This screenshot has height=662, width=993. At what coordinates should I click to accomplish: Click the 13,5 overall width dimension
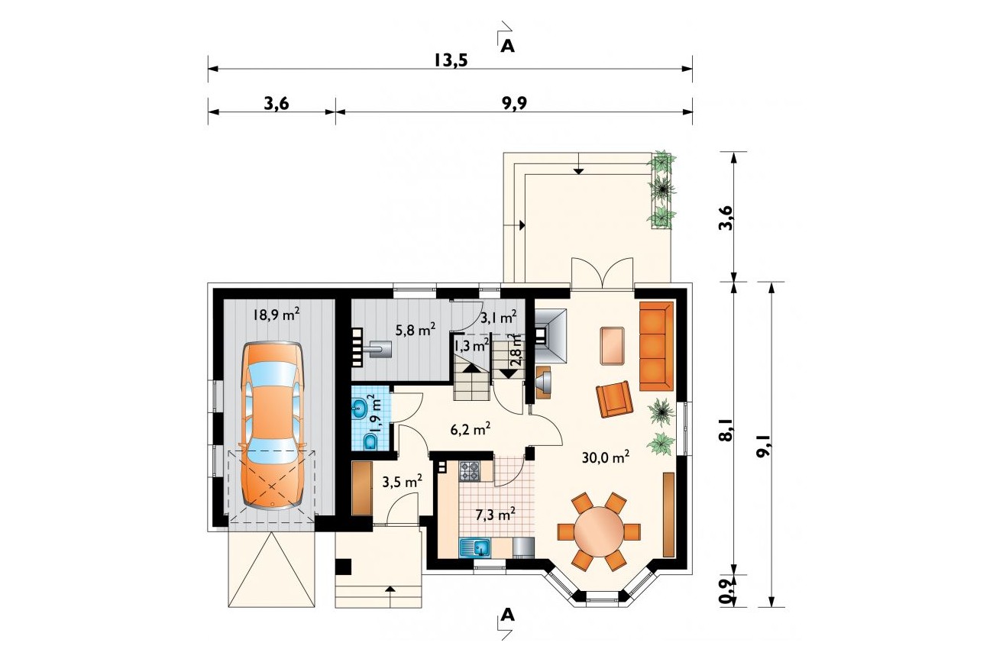pos(451,60)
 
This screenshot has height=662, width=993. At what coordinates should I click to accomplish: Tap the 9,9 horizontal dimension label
pos(514,103)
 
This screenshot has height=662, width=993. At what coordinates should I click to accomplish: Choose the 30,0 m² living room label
pos(606,457)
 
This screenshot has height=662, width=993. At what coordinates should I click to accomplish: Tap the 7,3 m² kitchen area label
pos(495,515)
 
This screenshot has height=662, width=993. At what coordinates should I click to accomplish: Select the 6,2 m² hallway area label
pos(471,429)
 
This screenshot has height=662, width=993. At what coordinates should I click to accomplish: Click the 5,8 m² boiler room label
pos(416,329)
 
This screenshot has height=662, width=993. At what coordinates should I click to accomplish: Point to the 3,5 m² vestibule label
pos(402,481)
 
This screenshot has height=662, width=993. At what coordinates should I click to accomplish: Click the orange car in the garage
pos(272,426)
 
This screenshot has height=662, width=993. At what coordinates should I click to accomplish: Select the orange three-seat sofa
pos(657,346)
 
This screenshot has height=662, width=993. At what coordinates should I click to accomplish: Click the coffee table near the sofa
pos(612,346)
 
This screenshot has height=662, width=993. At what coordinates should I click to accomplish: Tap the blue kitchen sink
pos(475,547)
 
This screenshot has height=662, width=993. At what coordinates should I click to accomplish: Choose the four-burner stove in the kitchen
pos(470,471)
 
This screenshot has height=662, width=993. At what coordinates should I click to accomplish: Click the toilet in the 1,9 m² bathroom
pos(369,442)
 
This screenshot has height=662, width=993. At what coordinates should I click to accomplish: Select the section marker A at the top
pos(508,46)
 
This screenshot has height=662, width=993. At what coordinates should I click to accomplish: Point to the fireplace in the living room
pos(551,336)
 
